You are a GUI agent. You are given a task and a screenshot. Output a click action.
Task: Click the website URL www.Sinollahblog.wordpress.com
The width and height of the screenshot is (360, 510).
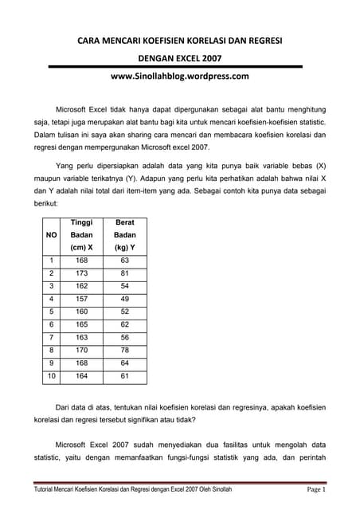179,76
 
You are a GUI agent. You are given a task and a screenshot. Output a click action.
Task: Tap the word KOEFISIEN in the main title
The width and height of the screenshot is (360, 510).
179,40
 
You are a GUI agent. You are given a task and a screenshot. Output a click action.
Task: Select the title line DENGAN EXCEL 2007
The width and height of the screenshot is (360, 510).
179,58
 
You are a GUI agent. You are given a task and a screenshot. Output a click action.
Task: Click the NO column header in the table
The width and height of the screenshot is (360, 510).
51,235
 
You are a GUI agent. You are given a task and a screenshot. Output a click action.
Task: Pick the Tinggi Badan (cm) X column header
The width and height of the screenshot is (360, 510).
82,235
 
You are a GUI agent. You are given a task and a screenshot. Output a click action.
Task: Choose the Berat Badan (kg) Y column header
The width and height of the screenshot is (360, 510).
125,235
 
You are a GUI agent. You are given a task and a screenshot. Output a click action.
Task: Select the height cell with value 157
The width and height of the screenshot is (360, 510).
82,299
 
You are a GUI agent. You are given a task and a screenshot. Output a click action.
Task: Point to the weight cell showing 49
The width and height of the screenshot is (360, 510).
125,299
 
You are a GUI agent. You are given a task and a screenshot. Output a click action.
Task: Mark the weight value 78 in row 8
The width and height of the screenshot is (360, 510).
125,350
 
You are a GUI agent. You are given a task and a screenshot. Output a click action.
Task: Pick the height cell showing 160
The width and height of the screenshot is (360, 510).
82,312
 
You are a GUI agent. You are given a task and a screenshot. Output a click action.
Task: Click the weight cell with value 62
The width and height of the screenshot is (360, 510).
125,324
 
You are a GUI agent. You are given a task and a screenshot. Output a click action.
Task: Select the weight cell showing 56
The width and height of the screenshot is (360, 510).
125,337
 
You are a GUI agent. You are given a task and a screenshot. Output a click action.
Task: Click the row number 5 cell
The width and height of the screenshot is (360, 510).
51,312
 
